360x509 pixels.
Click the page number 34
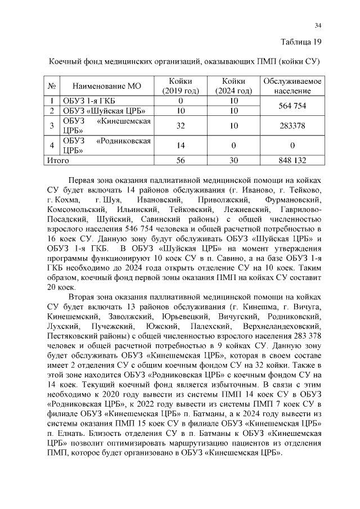click(x=318, y=25)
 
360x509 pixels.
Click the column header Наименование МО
click(x=106, y=86)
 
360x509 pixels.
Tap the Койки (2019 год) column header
click(x=181, y=86)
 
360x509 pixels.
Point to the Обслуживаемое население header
click(x=292, y=86)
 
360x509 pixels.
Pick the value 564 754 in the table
click(x=292, y=106)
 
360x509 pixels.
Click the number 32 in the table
click(x=181, y=126)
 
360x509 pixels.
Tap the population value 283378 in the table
click(x=292, y=126)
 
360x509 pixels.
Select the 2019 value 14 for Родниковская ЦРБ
click(x=181, y=145)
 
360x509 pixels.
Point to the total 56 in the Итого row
click(x=181, y=160)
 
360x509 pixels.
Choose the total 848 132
click(x=292, y=160)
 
